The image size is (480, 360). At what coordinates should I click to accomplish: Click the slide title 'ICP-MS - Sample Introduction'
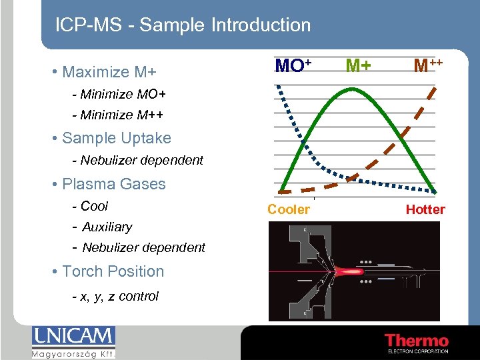click(x=183, y=25)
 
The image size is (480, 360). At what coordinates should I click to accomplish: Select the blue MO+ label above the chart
click(x=293, y=65)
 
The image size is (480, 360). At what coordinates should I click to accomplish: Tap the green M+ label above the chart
click(x=358, y=65)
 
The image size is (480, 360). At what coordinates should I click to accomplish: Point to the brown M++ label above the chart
click(x=428, y=65)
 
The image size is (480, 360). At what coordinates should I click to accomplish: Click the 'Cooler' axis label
click(x=289, y=209)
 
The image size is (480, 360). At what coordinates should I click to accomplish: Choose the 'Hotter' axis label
click(x=425, y=209)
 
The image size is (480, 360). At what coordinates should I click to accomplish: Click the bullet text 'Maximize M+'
click(x=113, y=71)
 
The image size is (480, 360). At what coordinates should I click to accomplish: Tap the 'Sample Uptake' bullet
click(x=116, y=138)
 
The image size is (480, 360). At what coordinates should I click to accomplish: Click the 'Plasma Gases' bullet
click(x=113, y=184)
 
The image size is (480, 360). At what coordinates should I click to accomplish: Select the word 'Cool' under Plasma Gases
click(x=93, y=206)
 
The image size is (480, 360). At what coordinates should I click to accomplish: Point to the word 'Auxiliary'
click(x=107, y=227)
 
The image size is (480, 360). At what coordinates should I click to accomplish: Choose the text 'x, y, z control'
click(x=119, y=296)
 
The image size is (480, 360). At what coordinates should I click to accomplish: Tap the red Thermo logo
click(x=416, y=341)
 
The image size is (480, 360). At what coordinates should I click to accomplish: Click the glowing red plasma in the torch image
click(x=351, y=271)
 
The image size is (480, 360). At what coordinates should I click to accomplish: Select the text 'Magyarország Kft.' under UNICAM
click(x=73, y=353)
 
